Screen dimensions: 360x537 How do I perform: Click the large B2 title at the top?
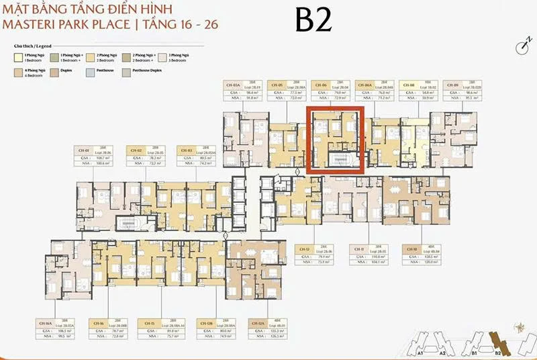coord(314,21)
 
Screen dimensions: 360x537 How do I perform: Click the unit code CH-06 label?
coord(322,85)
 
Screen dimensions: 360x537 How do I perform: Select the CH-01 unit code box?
coord(84,151)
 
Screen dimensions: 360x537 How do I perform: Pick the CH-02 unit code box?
coord(135,151)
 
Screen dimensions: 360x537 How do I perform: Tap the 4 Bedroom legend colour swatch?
coord(17,69)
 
